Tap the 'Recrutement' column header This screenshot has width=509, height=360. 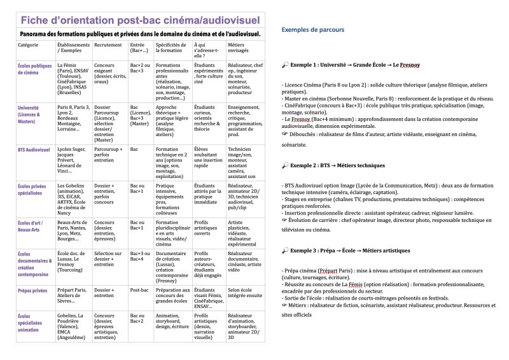pos(107,46)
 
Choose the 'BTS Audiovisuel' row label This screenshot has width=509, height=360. pos(35,149)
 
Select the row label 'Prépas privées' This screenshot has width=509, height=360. pos(34,290)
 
